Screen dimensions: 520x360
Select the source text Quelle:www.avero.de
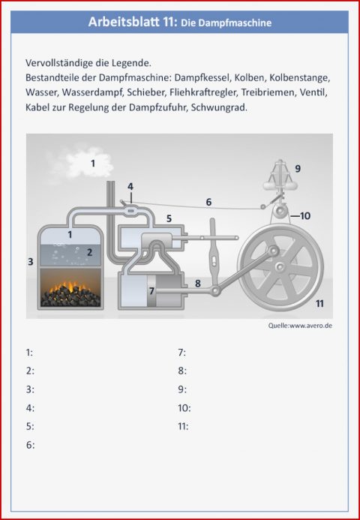tap(300, 325)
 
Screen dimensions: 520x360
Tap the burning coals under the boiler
tap(72, 292)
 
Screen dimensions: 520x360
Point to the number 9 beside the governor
tap(298, 169)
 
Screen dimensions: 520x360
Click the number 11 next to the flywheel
tap(319, 303)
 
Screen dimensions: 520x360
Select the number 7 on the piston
tap(151, 289)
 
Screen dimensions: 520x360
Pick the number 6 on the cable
tap(208, 202)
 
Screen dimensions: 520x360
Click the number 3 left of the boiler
tap(30, 261)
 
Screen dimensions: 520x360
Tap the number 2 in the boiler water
tap(89, 252)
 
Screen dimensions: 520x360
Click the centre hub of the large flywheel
tap(278, 266)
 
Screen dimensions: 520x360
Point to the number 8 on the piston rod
tap(198, 283)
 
